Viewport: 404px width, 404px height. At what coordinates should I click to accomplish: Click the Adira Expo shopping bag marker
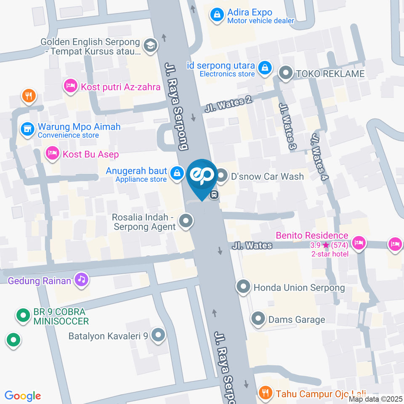[x=217, y=16]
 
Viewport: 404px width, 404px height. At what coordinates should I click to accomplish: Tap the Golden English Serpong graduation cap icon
[x=149, y=45]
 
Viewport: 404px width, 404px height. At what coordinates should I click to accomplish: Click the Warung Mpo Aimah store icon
[x=28, y=129]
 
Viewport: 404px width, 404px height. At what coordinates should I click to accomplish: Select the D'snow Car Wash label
[x=267, y=176]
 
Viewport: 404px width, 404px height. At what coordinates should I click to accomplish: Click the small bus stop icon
[x=214, y=194]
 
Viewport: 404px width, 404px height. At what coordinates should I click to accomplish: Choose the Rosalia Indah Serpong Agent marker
[x=186, y=221]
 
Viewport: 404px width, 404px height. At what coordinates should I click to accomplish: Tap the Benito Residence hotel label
[x=312, y=236]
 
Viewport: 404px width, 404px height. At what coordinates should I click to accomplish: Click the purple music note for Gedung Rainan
[x=81, y=279]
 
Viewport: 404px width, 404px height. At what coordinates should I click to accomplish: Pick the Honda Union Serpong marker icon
[x=243, y=287]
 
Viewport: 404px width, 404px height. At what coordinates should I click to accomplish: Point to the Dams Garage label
[x=297, y=319]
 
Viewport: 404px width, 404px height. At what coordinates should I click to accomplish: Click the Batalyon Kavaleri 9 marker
[x=158, y=335]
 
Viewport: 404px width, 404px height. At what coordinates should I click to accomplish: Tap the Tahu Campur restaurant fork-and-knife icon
[x=265, y=393]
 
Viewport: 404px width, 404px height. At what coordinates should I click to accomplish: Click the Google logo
[x=23, y=396]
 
